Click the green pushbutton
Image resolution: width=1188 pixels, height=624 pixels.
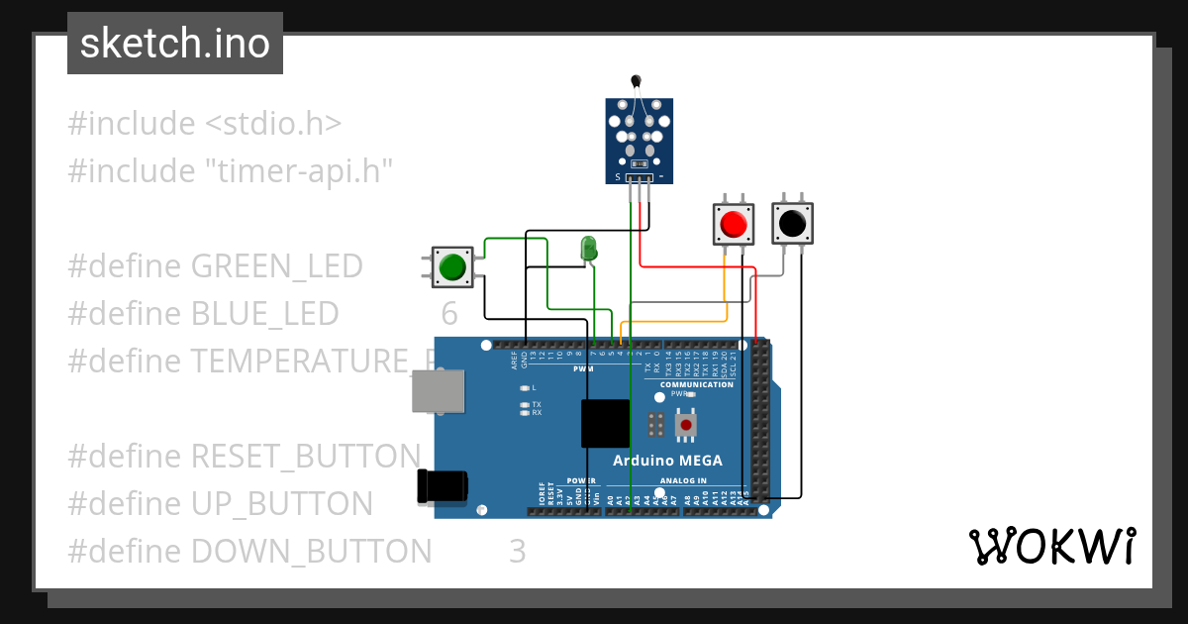[x=451, y=267]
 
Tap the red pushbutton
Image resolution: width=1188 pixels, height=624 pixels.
[x=734, y=224]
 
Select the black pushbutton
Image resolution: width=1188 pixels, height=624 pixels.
[x=792, y=224]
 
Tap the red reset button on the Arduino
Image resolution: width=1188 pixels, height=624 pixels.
[x=686, y=426]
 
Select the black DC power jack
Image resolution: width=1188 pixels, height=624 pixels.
[x=443, y=485]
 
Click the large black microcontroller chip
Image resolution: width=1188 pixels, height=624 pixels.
[x=605, y=424]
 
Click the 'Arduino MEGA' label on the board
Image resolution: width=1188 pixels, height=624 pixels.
[x=667, y=460]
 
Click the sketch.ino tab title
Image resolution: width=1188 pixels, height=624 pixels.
[x=175, y=44]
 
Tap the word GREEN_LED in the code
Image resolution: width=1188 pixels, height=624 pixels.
[x=276, y=266]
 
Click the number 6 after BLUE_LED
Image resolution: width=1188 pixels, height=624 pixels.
[x=449, y=314]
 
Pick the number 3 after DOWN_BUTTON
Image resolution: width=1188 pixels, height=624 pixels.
[x=517, y=551]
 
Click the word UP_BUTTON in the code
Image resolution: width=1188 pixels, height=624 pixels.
[x=281, y=504]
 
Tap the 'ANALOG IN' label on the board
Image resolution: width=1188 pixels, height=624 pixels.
[x=682, y=481]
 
